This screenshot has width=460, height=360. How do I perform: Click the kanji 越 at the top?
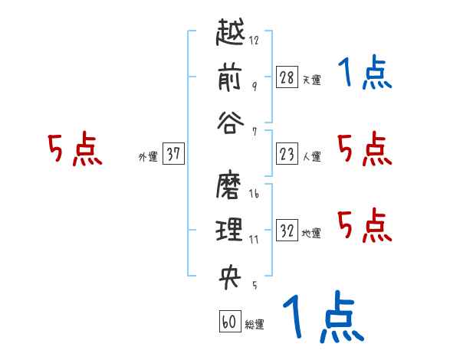click(230, 34)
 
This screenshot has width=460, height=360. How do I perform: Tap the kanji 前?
click(230, 77)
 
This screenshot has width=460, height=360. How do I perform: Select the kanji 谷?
click(230, 123)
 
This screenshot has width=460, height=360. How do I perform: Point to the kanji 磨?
click(230, 186)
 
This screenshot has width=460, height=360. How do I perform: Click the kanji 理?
click(230, 230)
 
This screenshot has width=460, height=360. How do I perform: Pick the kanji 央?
click(230, 277)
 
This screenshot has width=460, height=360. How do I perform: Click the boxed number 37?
click(173, 154)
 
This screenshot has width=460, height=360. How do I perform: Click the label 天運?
click(311, 79)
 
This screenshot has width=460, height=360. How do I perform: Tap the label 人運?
click(311, 156)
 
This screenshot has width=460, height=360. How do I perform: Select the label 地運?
click(311, 233)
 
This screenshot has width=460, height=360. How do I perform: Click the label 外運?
click(147, 156)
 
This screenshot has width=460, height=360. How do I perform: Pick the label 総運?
click(255, 324)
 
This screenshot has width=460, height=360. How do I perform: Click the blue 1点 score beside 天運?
click(365, 74)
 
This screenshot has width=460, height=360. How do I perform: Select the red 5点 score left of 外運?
click(75, 149)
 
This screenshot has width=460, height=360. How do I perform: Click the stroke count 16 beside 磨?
click(254, 195)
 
